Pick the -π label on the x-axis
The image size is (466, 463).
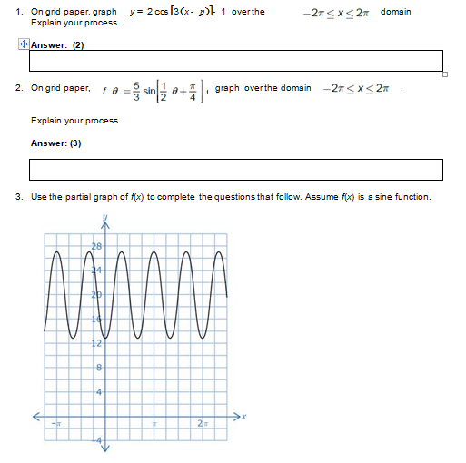click(x=55, y=424)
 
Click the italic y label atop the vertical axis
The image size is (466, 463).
click(x=104, y=216)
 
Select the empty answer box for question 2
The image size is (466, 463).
click(x=236, y=170)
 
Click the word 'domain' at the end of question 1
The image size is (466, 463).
click(x=395, y=12)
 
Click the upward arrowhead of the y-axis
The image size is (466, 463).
click(x=104, y=226)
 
